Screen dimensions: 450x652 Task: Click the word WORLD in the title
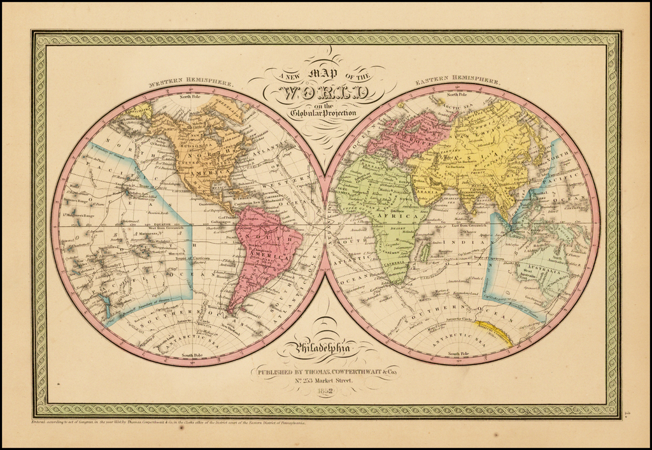pos(326,93)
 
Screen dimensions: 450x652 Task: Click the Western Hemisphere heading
pos(190,83)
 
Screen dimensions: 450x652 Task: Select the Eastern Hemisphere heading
pos(457,82)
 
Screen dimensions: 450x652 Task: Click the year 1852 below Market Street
pos(325,392)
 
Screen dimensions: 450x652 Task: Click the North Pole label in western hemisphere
pos(190,97)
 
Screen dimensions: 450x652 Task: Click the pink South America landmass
pos(266,249)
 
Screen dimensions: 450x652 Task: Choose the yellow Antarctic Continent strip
pos(493,331)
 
